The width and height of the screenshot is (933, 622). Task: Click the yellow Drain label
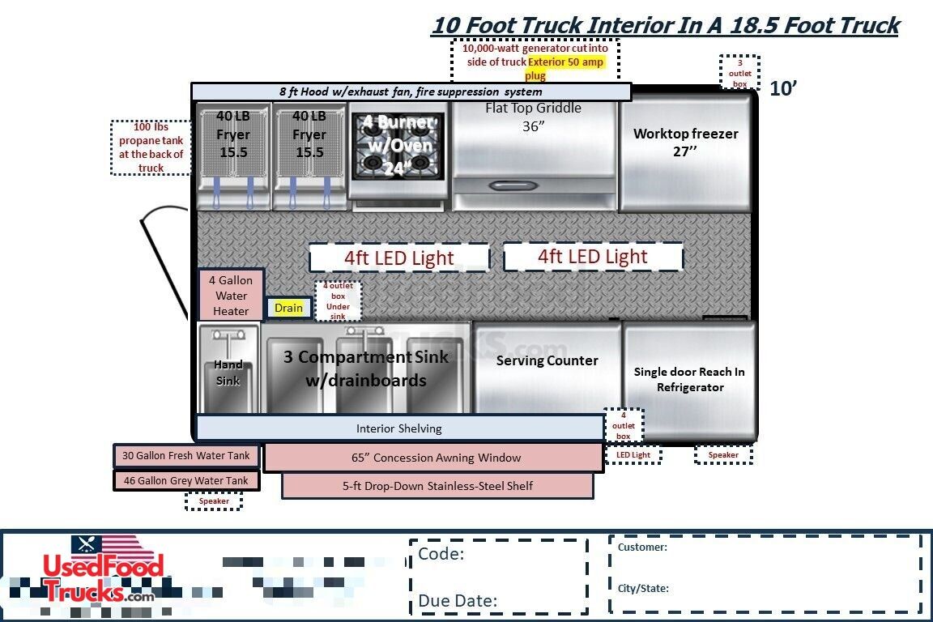[288, 308]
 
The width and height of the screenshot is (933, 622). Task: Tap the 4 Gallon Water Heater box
[231, 296]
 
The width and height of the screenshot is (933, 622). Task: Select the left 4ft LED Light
[398, 258]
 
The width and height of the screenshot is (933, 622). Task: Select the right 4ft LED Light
[593, 257]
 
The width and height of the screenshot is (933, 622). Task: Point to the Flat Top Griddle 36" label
[533, 117]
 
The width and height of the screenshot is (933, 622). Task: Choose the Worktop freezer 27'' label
[685, 141]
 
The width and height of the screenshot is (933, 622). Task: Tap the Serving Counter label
[547, 360]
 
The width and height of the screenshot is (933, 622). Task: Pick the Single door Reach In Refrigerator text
[689, 380]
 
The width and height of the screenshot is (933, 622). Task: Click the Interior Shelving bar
[399, 428]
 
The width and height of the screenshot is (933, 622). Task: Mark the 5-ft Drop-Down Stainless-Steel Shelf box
[437, 486]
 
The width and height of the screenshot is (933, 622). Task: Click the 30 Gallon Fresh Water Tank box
[186, 456]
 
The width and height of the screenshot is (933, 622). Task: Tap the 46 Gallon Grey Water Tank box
[186, 480]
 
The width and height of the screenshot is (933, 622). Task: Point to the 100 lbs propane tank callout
[151, 147]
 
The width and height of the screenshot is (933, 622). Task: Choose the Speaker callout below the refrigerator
[723, 454]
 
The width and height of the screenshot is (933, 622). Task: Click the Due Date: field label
[458, 600]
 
